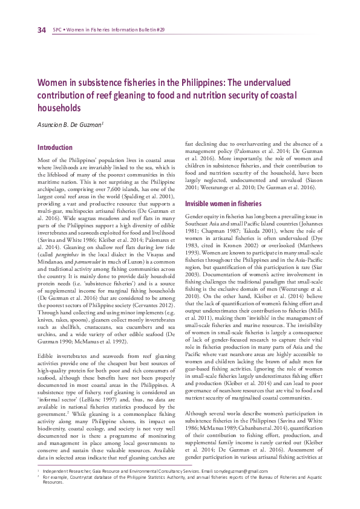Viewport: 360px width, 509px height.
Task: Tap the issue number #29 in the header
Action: pyautogui.click(x=160, y=30)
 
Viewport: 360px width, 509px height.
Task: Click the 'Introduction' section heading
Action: pyautogui.click(x=55, y=148)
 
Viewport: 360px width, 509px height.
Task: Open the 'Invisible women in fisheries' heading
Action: pyautogui.click(x=223, y=204)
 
